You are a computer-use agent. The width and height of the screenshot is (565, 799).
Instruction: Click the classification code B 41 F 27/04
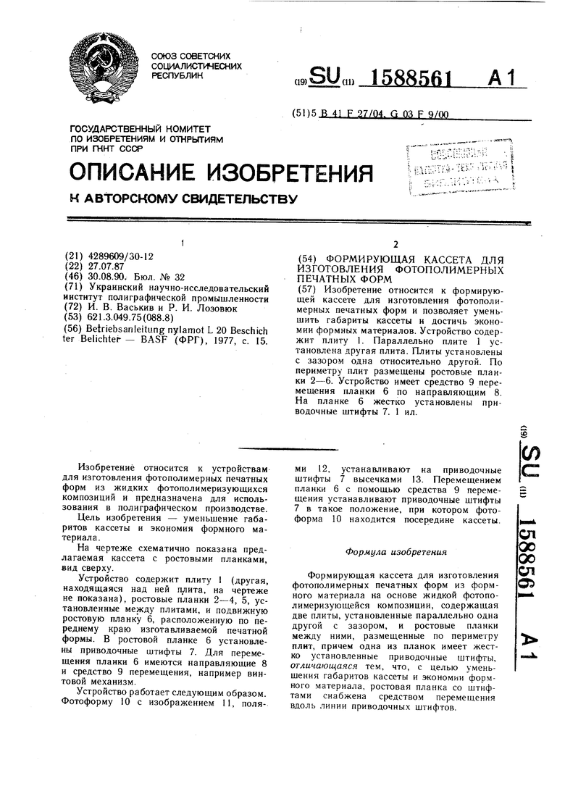[x=344, y=114]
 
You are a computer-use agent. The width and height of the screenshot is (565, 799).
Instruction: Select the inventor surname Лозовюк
[x=196, y=306]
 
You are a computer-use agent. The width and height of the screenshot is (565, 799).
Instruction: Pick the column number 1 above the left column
[x=183, y=242]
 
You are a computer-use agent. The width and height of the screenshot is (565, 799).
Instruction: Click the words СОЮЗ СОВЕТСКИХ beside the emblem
[x=191, y=56]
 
